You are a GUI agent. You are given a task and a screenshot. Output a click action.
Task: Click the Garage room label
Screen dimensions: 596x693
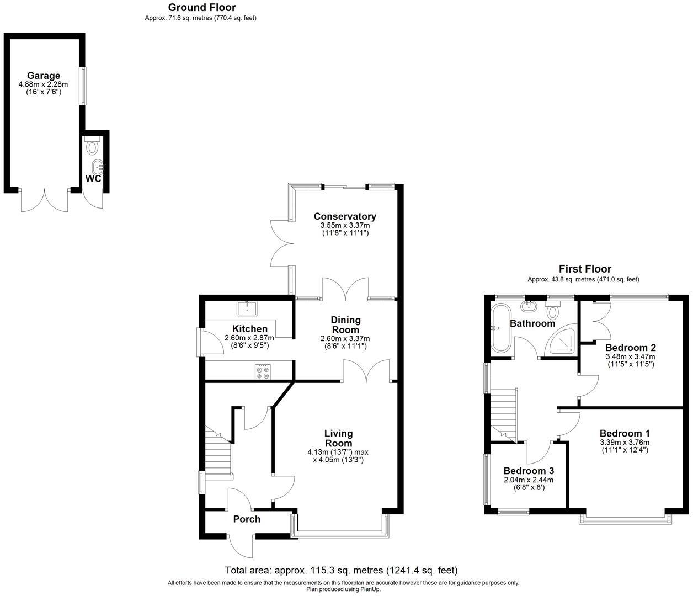point(44,76)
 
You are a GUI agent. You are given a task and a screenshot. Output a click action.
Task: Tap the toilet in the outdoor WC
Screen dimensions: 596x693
point(92,147)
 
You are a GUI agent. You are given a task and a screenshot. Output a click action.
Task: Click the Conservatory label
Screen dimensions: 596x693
point(345,216)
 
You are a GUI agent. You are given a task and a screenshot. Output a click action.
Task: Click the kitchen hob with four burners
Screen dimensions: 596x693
point(263,372)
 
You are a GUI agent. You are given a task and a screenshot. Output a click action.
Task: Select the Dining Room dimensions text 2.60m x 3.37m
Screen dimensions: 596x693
point(345,339)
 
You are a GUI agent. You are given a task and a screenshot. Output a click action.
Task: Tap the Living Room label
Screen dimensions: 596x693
point(338,438)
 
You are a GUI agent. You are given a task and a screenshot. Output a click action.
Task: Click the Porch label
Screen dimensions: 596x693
point(247,519)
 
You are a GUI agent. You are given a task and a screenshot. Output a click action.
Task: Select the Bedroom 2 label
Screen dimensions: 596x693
point(630,348)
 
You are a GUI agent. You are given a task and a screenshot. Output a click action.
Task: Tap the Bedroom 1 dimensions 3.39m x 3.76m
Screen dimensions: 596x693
point(624,442)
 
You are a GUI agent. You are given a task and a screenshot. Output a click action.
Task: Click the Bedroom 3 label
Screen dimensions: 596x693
point(529,471)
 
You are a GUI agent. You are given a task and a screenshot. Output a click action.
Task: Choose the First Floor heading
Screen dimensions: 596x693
point(585,269)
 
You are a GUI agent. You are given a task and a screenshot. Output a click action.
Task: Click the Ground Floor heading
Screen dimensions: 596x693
point(201,8)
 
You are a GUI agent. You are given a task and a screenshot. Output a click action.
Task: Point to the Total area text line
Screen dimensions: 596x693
point(341,570)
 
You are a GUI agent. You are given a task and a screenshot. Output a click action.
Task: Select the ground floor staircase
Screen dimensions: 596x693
point(218,455)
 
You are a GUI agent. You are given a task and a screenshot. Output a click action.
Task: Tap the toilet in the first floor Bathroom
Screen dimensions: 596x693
point(552,312)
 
